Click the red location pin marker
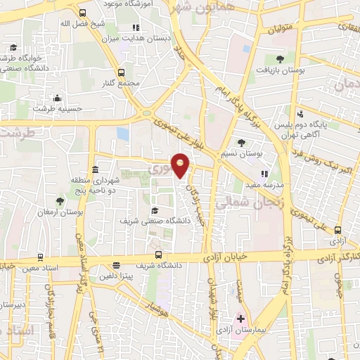click(x=181, y=165)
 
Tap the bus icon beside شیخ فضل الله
click(x=84, y=13)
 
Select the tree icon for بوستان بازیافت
click(x=281, y=59)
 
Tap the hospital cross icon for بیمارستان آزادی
click(x=240, y=319)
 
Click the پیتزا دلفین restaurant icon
click(x=116, y=265)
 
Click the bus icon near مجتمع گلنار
click(x=122, y=72)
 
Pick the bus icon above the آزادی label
click(x=338, y=229)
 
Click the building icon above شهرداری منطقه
click(x=95, y=169)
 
